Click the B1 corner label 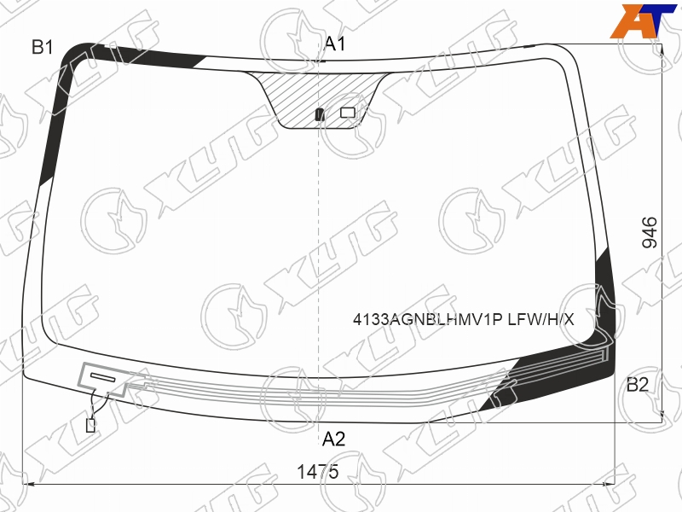tap(42, 47)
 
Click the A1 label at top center tap(335, 44)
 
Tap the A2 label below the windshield tap(333, 439)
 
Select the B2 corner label tap(637, 385)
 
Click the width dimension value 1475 tap(317, 472)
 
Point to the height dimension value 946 tap(650, 232)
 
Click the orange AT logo tap(643, 20)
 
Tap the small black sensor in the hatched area tap(320, 114)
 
